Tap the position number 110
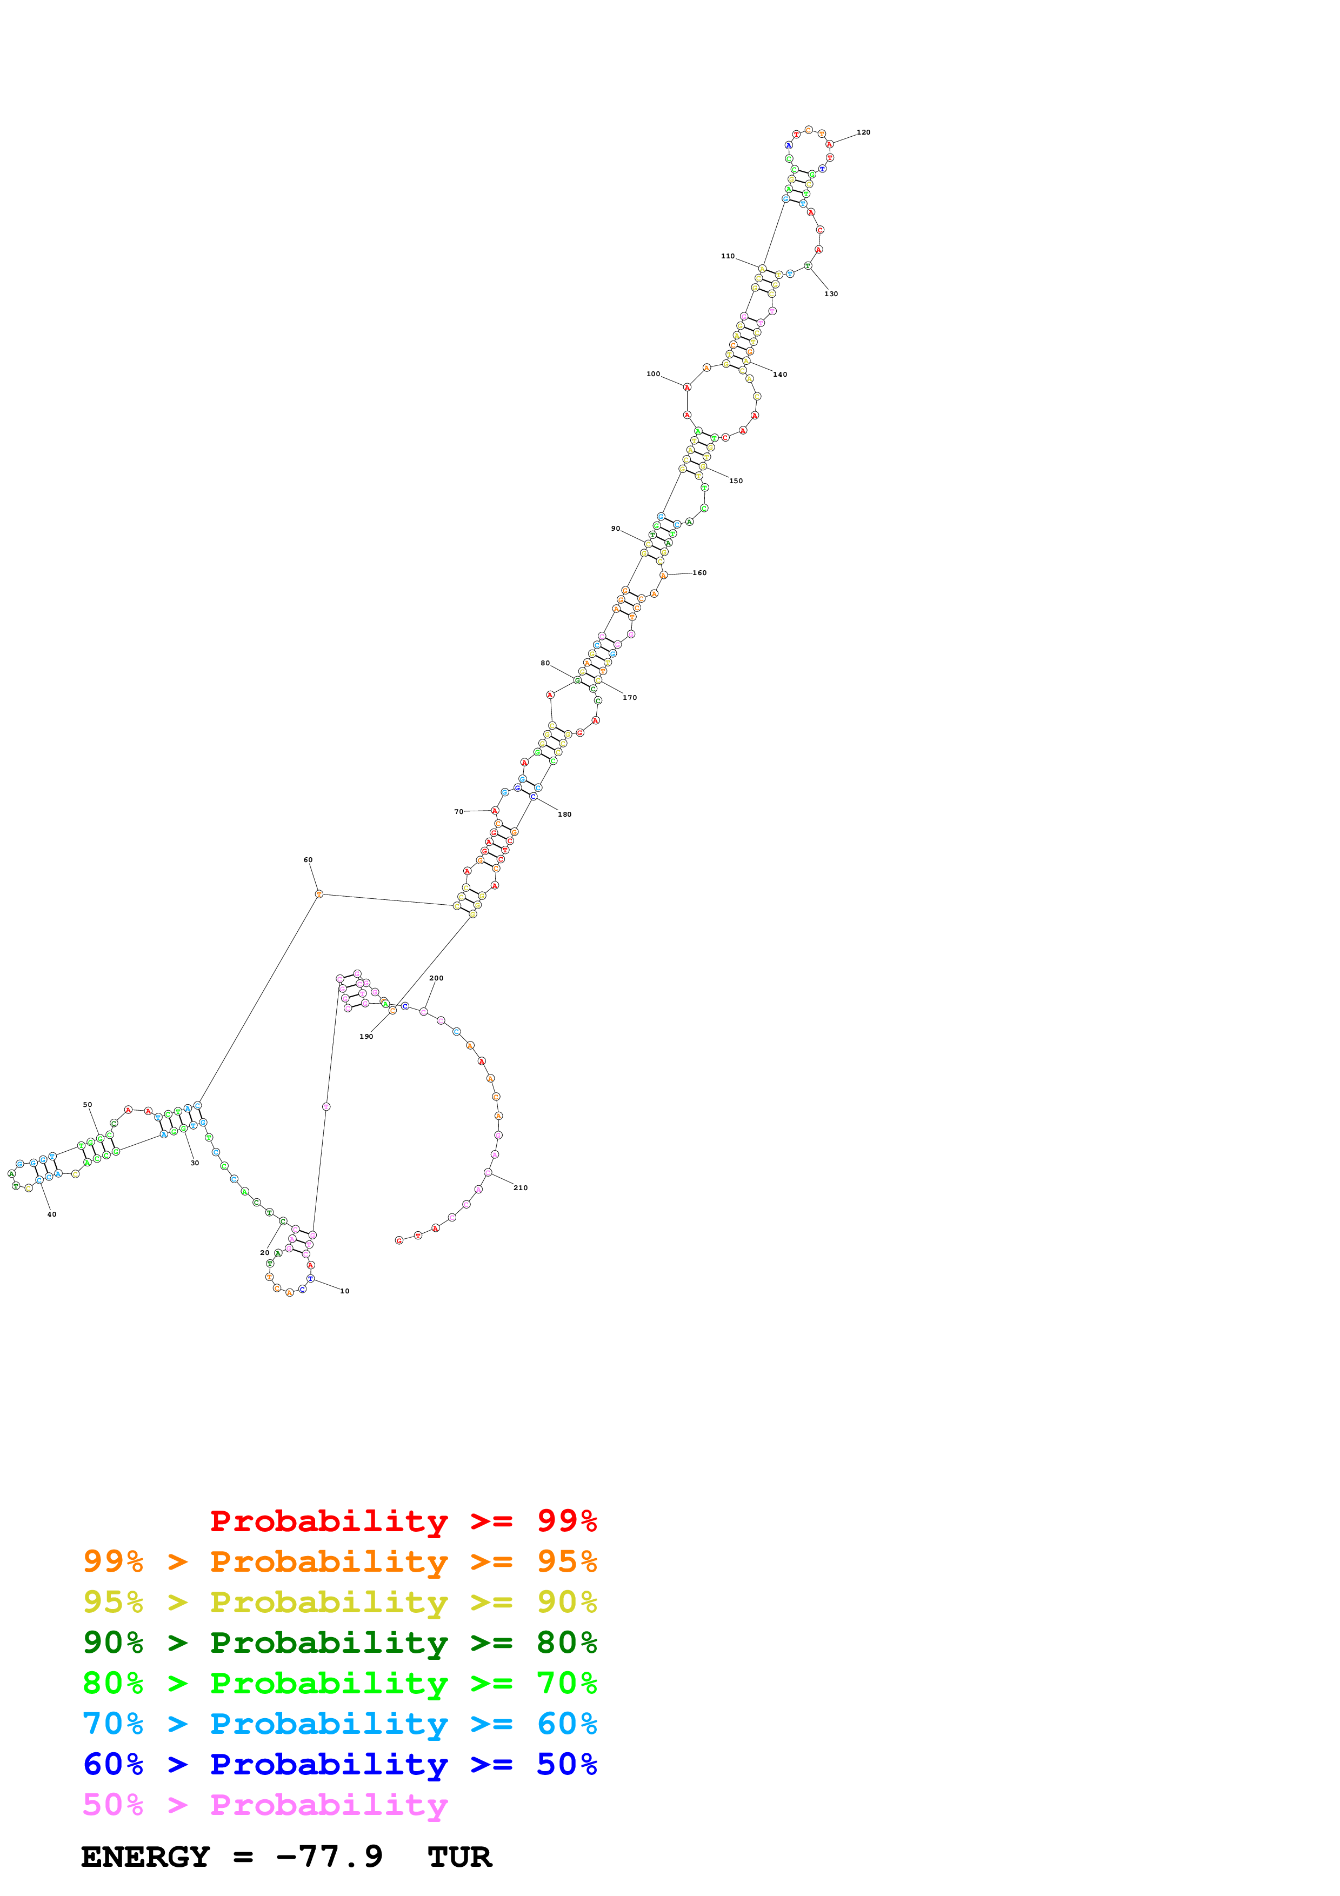728,256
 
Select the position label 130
831,294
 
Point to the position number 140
779,374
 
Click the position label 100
653,374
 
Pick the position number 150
736,480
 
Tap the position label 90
615,529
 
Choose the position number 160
699,572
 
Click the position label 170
630,698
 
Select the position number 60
308,860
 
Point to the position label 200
436,978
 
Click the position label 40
51,1214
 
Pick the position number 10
344,1291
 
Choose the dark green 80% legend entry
339,1643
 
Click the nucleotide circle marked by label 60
319,893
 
